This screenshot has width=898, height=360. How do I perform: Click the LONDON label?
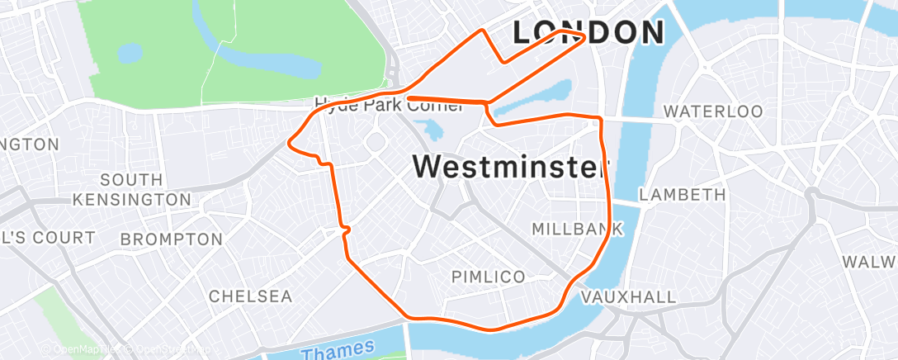click(588, 32)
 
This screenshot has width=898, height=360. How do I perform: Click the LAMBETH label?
click(683, 195)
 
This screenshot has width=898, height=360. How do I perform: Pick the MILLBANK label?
click(576, 228)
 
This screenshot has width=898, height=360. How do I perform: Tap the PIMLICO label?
click(489, 277)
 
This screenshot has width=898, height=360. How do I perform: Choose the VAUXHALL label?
click(628, 296)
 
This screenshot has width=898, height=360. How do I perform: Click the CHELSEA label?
click(250, 296)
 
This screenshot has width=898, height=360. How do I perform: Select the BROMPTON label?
click(171, 239)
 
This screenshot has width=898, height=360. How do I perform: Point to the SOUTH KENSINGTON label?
click(131, 189)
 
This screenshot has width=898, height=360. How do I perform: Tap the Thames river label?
click(338, 349)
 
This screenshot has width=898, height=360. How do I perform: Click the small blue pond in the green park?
click(130, 54)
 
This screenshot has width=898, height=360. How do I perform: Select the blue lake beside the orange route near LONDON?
click(533, 98)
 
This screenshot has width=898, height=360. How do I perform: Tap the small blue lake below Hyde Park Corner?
click(430, 130)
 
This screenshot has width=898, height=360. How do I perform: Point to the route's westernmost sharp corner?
click(288, 143)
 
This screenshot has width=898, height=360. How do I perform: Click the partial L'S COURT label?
click(48, 238)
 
